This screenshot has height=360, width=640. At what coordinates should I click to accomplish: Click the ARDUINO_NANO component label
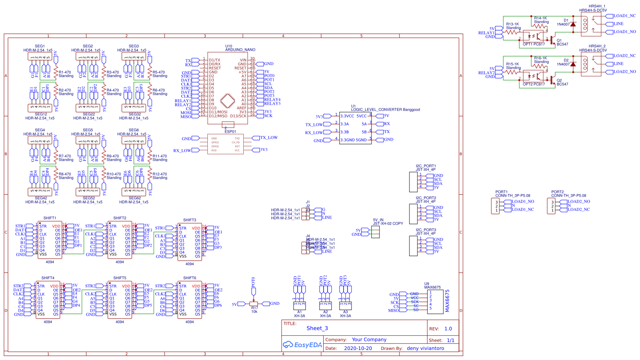[x=240, y=50]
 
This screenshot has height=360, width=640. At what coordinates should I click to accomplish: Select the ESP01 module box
[x=226, y=144]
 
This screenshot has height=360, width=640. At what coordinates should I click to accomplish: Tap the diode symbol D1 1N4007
[x=573, y=24]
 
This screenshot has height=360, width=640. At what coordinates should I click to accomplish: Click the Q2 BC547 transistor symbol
[x=552, y=80]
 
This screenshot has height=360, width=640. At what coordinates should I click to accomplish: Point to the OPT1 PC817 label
[x=534, y=44]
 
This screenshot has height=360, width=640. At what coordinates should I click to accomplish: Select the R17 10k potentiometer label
[x=254, y=310]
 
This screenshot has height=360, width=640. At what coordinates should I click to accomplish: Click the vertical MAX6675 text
[x=447, y=301]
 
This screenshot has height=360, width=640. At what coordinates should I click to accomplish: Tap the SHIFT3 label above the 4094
[x=190, y=220]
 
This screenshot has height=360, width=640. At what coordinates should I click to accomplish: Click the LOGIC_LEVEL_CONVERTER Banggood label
[x=385, y=109]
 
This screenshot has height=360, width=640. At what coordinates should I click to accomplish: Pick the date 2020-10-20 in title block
[x=358, y=348]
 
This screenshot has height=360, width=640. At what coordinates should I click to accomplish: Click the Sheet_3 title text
[x=317, y=328]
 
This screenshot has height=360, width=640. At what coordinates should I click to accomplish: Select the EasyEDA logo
[x=302, y=345]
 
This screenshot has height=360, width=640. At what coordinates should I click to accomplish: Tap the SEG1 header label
[x=40, y=46]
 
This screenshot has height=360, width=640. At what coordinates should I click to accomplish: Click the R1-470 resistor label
[x=65, y=73]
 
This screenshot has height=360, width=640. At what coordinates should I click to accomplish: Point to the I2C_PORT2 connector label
[x=426, y=198]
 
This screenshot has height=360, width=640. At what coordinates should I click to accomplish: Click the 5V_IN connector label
[x=378, y=220]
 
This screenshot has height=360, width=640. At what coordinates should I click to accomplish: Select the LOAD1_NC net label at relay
[x=624, y=16]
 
